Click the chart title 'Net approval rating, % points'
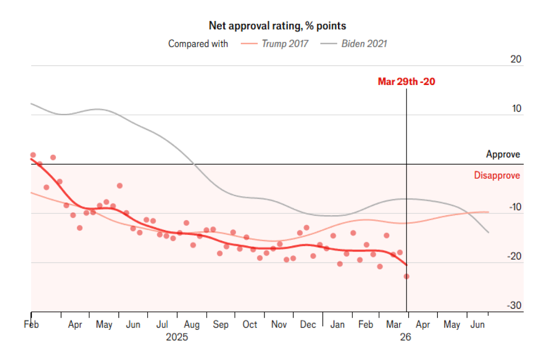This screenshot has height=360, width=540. (x=277, y=26)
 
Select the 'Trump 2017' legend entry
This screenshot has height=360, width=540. (x=285, y=44)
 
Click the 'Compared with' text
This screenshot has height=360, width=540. (x=198, y=44)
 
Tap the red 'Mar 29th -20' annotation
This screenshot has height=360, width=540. (x=406, y=81)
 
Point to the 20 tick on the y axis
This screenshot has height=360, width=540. (x=516, y=59)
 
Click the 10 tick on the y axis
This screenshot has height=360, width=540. (x=516, y=109)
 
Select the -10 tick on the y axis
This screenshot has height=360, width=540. (x=514, y=207)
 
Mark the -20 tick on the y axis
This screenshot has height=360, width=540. (x=514, y=256)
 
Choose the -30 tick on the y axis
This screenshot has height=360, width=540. (x=514, y=306)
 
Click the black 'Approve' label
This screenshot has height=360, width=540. (x=503, y=154)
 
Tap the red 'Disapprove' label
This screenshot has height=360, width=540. (x=497, y=175)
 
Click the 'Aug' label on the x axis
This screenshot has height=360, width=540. (x=192, y=324)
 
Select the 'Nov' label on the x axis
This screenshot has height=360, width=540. (x=279, y=324)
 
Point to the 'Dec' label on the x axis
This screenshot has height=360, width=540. (x=308, y=324)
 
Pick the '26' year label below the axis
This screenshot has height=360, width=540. (x=406, y=337)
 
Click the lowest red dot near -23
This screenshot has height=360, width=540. (x=406, y=276)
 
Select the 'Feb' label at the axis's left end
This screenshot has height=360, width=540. (x=31, y=324)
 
